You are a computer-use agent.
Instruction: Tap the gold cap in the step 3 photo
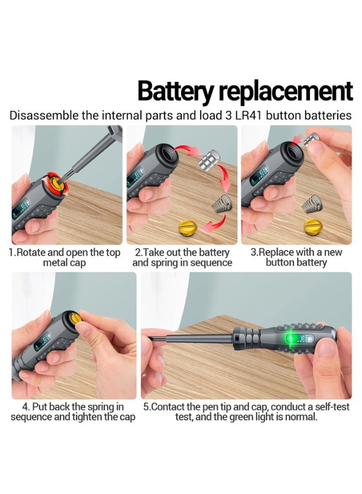click(313, 226)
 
